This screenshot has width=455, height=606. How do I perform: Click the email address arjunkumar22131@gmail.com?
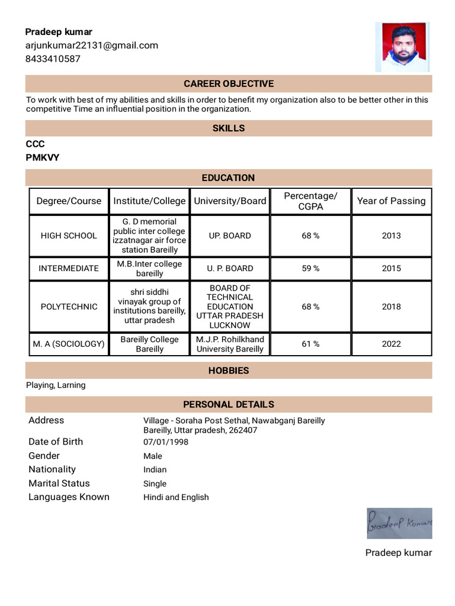91,46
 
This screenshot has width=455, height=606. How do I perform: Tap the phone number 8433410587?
53,59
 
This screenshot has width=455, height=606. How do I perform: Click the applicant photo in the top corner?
402,47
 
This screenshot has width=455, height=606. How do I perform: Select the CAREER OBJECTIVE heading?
228,84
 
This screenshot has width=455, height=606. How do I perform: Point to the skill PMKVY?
42,157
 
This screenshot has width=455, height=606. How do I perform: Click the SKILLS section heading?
228,128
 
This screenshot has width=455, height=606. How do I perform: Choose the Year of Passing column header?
391,201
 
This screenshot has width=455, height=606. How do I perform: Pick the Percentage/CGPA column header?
310,201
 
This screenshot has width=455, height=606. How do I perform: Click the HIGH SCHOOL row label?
69,236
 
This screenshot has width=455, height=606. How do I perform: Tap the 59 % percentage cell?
310,268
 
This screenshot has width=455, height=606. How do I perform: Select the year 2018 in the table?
391,307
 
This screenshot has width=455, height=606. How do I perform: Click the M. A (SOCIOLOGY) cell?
69,344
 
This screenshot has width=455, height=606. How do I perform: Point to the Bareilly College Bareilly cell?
149,344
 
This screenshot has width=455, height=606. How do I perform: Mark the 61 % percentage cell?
310,344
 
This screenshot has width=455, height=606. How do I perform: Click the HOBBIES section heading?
228,371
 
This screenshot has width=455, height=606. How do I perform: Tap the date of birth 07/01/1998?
165,442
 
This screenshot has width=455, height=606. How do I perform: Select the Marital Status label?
59,483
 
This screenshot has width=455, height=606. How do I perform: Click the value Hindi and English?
176,497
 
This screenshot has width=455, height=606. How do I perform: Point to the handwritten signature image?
399,523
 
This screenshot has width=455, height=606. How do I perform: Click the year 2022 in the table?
391,344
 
